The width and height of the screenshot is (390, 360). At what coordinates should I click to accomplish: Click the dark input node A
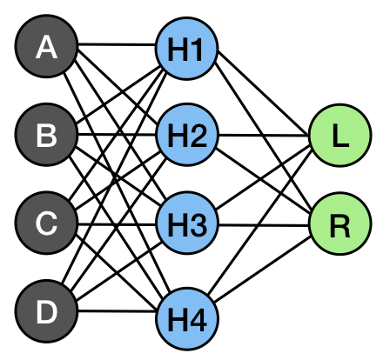coord(46,46)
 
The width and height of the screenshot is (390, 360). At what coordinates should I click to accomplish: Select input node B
coord(46,135)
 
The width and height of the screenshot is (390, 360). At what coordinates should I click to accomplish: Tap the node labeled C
coord(46,223)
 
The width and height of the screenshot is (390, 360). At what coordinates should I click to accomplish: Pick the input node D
coord(46,311)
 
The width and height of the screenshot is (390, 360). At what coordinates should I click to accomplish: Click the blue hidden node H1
coord(186,49)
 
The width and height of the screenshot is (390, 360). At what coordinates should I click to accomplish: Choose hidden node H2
coord(186,135)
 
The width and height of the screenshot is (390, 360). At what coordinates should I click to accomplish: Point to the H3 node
coord(186,223)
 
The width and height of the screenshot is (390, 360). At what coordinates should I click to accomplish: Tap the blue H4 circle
coord(186,318)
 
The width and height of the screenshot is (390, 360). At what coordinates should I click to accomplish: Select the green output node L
coord(340,135)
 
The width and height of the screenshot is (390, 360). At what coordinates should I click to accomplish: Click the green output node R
coord(340,223)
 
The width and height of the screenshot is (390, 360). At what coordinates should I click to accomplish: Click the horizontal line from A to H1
coord(117,44)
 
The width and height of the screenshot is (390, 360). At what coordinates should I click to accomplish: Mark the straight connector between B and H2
coord(117,135)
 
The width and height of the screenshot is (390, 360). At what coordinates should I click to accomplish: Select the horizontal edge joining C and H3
coord(117,224)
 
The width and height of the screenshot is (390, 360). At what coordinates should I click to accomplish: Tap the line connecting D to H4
coord(118,311)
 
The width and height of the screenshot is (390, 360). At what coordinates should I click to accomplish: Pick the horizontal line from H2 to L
coord(264,135)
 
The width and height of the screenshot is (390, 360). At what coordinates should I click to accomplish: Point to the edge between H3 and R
coord(264,224)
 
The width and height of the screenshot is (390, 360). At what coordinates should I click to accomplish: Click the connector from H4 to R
coord(263,269)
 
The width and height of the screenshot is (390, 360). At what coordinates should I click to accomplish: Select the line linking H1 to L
coord(263,94)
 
